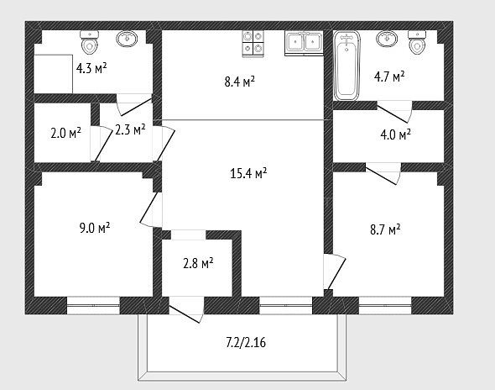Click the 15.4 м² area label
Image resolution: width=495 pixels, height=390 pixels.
249,173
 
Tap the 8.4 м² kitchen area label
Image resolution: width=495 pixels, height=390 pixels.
240,82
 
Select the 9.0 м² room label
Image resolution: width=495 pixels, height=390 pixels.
95,228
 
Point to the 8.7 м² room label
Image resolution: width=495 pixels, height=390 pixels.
385,229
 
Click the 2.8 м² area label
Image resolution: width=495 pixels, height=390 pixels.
198,263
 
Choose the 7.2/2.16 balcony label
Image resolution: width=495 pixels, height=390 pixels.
246,343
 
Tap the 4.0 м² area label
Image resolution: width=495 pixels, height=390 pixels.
395,134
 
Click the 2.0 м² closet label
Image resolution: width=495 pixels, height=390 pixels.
65,133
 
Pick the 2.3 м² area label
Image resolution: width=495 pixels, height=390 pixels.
130,129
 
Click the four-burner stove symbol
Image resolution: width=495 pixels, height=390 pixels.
253,44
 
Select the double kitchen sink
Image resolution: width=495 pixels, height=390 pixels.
304,43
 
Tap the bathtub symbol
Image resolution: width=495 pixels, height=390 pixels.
347,66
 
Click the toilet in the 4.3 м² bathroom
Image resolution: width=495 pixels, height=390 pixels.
90,43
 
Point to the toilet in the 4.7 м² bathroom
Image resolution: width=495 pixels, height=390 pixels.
417,43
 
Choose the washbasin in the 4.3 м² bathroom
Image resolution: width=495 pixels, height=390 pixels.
127,39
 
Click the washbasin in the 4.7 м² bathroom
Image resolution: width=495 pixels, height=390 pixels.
387,39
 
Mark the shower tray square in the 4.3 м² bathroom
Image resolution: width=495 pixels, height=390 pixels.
54,74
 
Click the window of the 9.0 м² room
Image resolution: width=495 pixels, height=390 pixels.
93,306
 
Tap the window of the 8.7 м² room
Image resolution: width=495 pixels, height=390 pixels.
385,306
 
